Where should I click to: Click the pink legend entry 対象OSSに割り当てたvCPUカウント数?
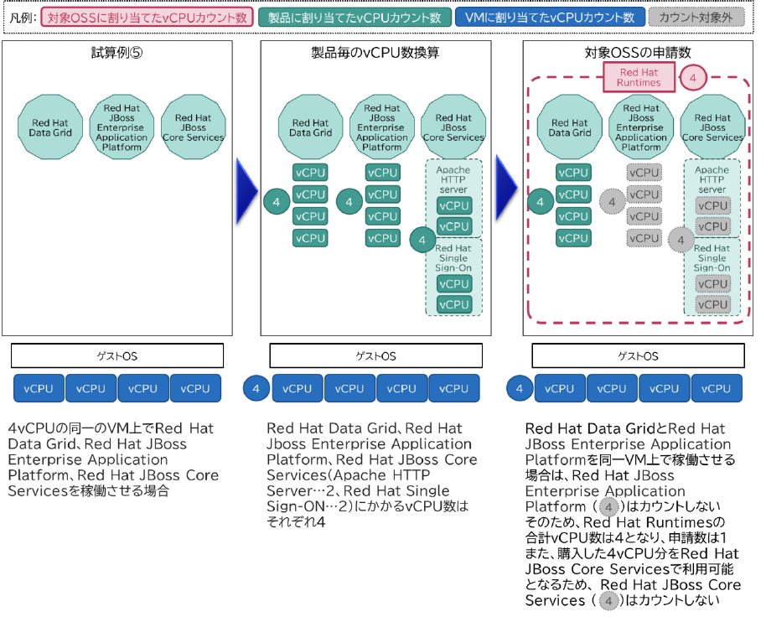pos(147,17)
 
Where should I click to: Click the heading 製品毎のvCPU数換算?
pos(375,53)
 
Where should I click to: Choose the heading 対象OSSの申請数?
pos(638,53)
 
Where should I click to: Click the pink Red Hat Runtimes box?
pos(639,78)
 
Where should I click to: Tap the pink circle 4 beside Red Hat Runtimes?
pos(692,78)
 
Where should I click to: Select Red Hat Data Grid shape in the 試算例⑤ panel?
pos(49,127)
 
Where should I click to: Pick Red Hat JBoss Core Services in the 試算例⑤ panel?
pos(193,127)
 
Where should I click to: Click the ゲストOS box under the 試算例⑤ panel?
pos(117,355)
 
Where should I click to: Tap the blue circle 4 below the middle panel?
pos(256,389)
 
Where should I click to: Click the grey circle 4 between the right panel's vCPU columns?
pos(613,201)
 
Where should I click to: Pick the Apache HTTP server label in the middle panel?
pos(453,179)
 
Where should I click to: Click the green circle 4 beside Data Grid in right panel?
pos(540,201)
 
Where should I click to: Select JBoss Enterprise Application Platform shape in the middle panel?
pos(382,127)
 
